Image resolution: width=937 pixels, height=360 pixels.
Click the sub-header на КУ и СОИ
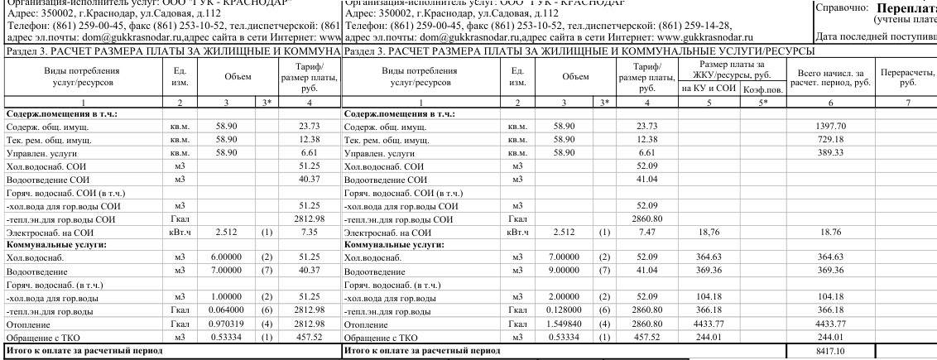[x=705, y=89]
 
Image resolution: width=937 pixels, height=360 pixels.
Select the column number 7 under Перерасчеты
[x=908, y=102]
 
